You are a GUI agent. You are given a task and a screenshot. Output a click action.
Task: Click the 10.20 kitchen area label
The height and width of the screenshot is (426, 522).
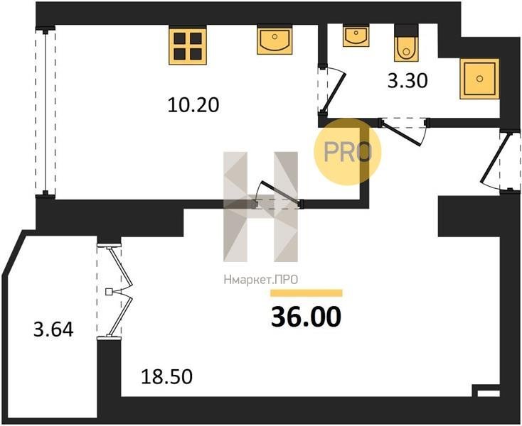[193, 105]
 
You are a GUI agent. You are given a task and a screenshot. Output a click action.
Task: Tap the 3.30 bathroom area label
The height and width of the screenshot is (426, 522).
[408, 81]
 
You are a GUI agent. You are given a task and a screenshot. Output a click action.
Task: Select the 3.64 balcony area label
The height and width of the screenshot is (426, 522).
[53, 329]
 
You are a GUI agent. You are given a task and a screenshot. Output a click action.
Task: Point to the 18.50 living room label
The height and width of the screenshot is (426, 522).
[167, 377]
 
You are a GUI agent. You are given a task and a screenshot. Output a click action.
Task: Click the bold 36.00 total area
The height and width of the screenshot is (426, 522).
[307, 317]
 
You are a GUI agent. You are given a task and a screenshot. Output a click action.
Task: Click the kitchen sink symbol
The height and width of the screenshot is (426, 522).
[275, 41]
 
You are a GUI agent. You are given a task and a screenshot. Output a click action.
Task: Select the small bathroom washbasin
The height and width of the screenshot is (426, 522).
[356, 36]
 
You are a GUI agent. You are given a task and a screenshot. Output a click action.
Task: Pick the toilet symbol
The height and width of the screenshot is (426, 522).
[406, 43]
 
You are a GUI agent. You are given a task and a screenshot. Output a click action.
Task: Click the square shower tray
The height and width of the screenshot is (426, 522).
[479, 79]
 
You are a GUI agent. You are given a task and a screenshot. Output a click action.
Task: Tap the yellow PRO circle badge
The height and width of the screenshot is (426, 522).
[347, 152]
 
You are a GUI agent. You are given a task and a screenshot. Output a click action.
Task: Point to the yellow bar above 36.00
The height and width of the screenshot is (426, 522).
[307, 293]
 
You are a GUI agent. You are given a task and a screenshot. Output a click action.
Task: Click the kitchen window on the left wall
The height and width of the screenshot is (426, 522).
[46, 112]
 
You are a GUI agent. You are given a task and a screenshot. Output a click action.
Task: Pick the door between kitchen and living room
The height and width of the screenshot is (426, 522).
[277, 195]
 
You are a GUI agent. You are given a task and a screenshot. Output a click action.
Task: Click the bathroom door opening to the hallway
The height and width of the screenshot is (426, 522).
[403, 131]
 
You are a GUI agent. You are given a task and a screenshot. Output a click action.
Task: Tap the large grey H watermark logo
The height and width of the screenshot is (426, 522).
[261, 207]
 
